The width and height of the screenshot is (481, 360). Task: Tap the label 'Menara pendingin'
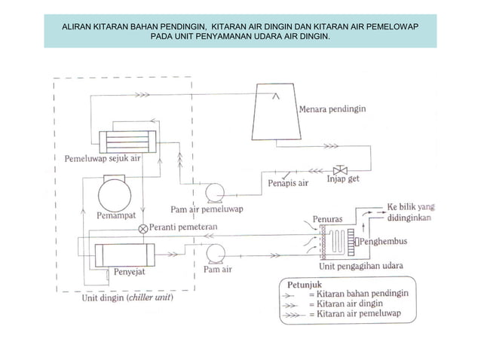(x=332, y=108)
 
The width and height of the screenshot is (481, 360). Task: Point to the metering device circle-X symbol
(x=142, y=227)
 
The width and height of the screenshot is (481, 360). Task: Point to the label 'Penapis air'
(x=287, y=182)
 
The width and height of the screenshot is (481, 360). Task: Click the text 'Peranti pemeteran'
(x=183, y=227)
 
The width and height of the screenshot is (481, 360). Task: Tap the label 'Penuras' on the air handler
(x=328, y=219)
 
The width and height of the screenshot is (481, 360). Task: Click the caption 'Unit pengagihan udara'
(x=360, y=266)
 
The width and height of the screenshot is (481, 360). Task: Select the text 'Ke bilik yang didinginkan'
(x=413, y=212)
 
